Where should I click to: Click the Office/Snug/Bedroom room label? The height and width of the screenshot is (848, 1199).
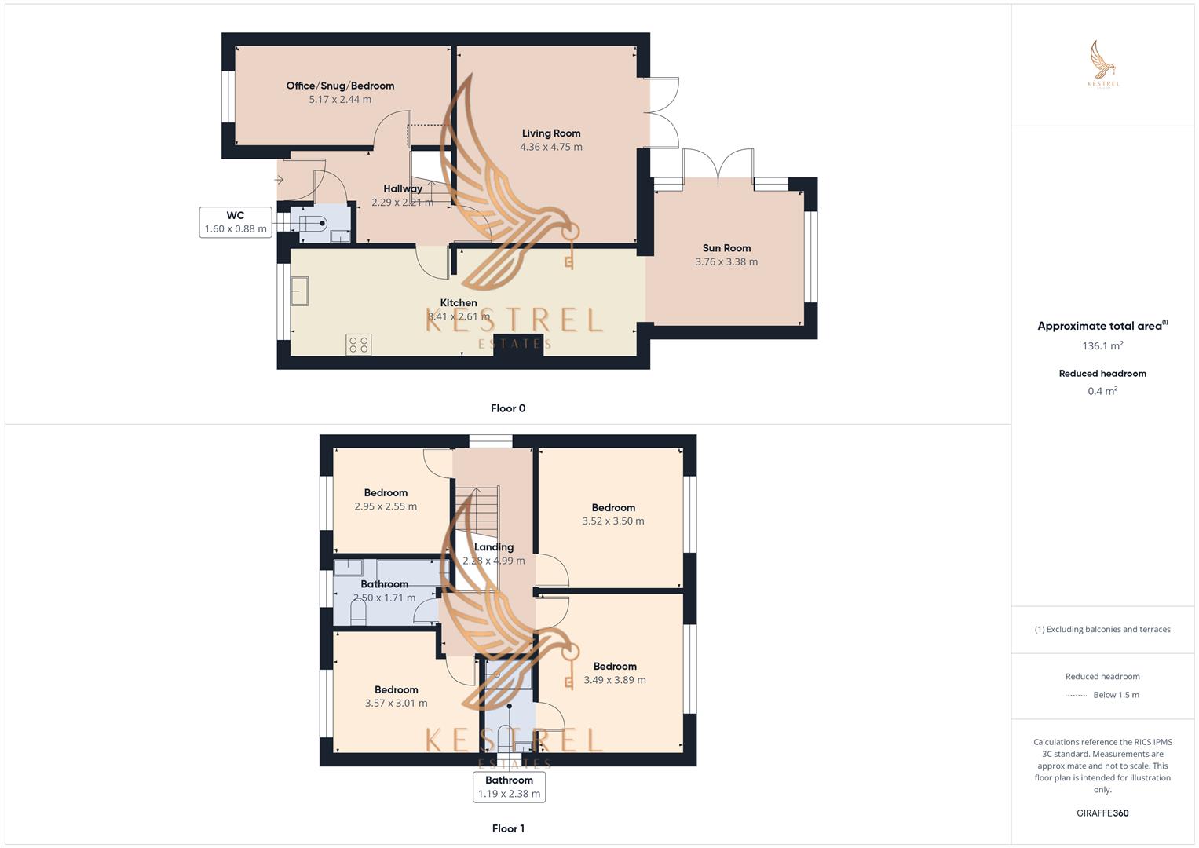[340, 86]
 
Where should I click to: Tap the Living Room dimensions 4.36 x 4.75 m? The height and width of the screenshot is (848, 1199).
[551, 147]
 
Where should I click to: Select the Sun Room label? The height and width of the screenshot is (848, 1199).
[726, 248]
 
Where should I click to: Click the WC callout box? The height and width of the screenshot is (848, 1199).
[236, 222]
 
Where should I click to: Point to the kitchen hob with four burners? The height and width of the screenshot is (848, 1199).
[359, 344]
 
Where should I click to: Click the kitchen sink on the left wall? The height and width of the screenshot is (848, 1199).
[300, 291]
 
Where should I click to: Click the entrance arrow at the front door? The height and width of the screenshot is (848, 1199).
[279, 180]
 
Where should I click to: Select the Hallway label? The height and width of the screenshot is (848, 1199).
[403, 188]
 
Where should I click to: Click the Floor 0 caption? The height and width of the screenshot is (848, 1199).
[508, 408]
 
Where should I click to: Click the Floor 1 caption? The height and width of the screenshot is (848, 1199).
[508, 828]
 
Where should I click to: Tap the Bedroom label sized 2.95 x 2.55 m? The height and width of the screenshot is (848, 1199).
[386, 493]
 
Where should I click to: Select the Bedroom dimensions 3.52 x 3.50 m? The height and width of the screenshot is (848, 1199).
[613, 521]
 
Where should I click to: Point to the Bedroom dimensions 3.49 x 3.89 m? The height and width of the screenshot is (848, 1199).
[615, 680]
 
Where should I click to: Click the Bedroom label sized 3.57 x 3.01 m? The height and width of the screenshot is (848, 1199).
[397, 690]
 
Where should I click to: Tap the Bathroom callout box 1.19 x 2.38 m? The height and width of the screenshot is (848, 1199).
[509, 787]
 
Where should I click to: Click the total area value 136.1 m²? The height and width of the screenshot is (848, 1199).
[1102, 346]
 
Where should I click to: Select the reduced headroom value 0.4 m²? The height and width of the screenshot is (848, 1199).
[1102, 391]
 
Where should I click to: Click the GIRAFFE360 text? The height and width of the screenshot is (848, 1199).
[1102, 813]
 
